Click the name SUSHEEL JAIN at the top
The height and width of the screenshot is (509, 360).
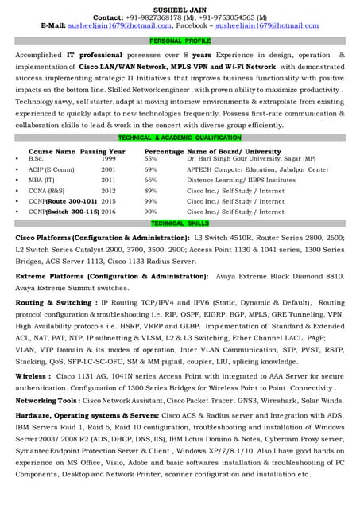tap(180, 6)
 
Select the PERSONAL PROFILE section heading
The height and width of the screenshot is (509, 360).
tap(180, 40)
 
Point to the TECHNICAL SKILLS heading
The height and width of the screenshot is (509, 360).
tap(180, 223)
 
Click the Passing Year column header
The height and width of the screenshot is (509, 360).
tap(103, 150)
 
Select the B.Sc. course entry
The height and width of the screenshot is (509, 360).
tap(36, 159)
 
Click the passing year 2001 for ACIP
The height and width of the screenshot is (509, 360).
tap(108, 169)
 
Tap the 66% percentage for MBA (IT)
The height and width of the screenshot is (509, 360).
tap(151, 180)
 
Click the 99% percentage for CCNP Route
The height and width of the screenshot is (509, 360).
tap(151, 201)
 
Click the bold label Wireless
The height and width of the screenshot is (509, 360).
tap(33, 375)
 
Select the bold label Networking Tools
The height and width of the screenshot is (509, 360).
tap(47, 401)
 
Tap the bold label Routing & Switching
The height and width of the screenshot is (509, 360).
tap(54, 303)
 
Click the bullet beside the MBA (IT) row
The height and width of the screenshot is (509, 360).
tap(17, 181)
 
